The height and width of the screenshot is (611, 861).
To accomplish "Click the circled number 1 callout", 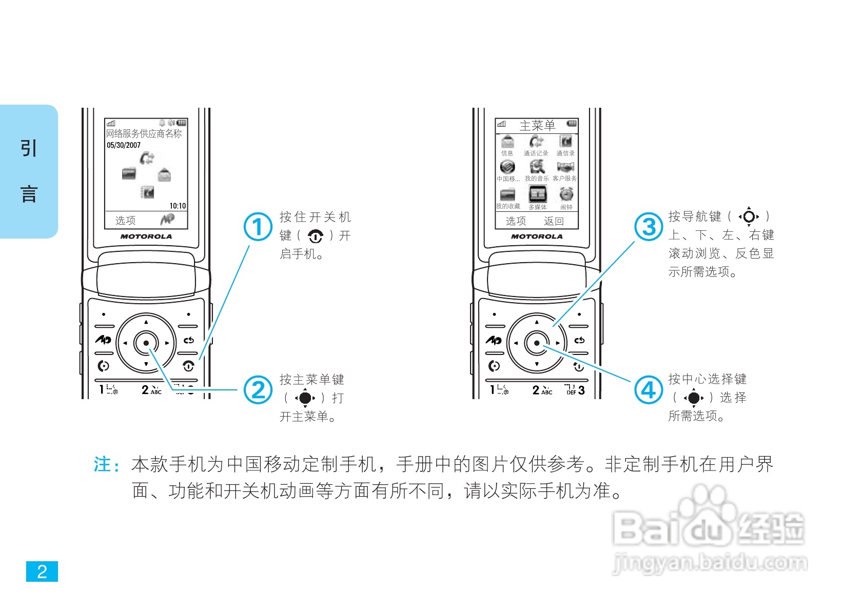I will (x=258, y=227).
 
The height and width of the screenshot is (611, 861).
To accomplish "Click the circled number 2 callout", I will (x=258, y=390).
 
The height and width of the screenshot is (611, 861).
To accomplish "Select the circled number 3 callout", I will (x=649, y=227).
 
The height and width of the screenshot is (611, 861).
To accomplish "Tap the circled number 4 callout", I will (x=649, y=390).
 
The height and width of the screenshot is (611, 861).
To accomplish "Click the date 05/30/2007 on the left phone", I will (x=124, y=145).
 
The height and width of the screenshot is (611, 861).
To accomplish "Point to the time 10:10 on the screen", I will (x=178, y=206).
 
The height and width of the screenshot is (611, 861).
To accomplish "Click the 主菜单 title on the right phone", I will (x=537, y=125).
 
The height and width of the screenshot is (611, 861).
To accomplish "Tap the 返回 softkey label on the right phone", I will (x=554, y=221).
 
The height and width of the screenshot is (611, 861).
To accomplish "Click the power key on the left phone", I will (x=188, y=366).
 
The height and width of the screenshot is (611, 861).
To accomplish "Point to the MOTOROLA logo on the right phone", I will (x=537, y=236).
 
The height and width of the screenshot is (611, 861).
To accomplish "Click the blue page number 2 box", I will (x=42, y=571).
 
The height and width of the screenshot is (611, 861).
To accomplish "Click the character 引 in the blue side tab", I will (x=29, y=148).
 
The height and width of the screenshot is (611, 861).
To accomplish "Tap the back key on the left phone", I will (x=188, y=340).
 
